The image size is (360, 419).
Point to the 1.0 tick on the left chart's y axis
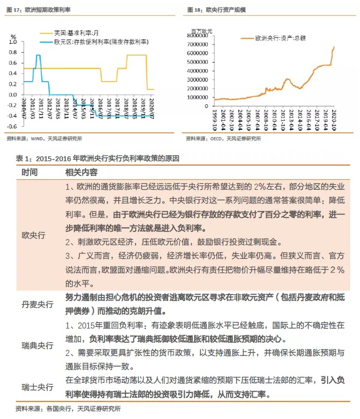14,42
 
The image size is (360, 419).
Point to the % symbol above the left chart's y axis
13,36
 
